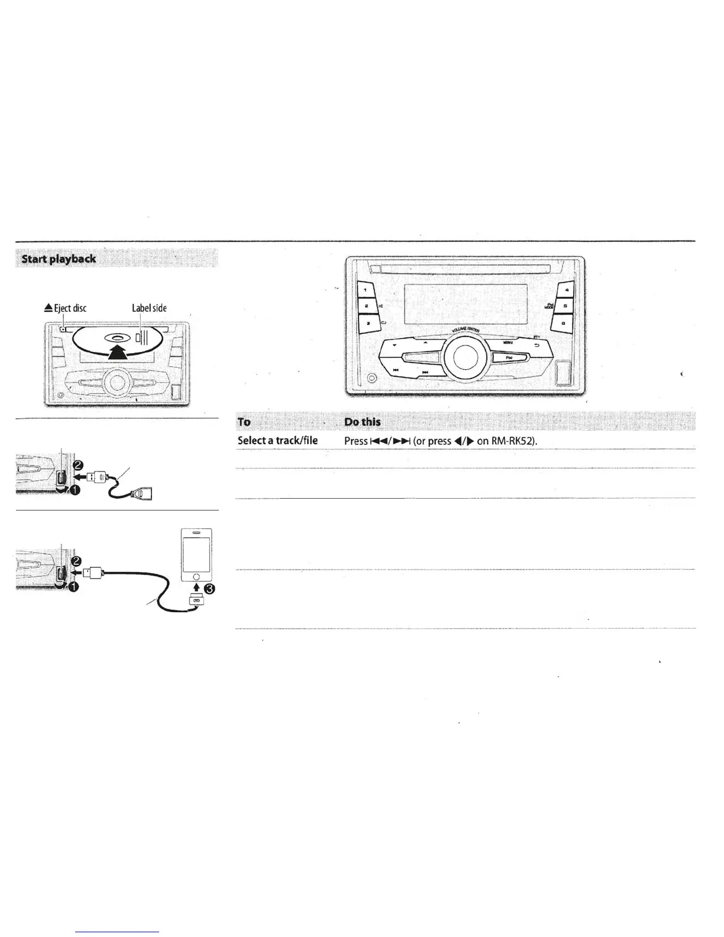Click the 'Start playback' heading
coord(59,259)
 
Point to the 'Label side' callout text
coord(149,308)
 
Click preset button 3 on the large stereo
coord(367,324)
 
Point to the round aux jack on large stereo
coord(371,379)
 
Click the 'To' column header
coord(244,422)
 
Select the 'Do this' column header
coord(363,422)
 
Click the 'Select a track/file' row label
coord(277,441)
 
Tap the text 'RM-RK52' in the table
coord(513,441)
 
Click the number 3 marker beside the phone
coord(209,589)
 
